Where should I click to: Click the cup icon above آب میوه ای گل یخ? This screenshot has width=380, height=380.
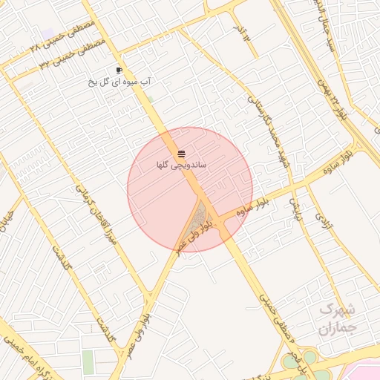pyautogui.click(x=119, y=70)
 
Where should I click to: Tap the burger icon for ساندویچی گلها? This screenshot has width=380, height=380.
pyautogui.click(x=181, y=154)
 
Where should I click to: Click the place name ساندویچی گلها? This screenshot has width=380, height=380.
pyautogui.click(x=181, y=165)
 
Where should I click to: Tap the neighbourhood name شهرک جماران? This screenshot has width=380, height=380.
pyautogui.click(x=338, y=318)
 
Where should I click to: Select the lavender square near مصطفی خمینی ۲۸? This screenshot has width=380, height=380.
pyautogui.click(x=49, y=33)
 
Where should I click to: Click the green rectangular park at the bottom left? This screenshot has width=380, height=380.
pyautogui.click(x=88, y=362)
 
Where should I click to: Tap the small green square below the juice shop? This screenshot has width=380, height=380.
pyautogui.click(x=150, y=99)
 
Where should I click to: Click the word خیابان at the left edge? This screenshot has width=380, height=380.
pyautogui.click(x=7, y=219)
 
